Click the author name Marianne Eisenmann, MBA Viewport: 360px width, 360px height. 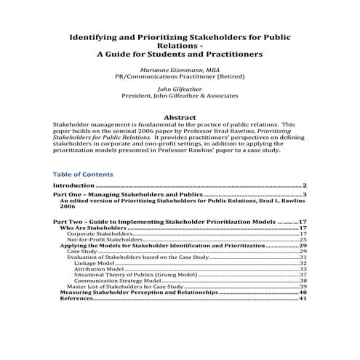click(179, 68)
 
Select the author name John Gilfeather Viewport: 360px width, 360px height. click(179, 87)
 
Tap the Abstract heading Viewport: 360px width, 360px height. click(180, 116)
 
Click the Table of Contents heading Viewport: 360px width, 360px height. click(83, 175)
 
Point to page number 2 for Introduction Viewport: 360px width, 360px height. click(304, 186)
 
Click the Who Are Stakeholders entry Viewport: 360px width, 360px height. click(92, 228)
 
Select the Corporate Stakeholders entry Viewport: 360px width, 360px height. click(100, 233)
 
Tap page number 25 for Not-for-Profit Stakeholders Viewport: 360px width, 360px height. click(303, 239)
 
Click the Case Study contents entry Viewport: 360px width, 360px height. click(82, 252)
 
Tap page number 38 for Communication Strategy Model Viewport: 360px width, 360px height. click(303, 281)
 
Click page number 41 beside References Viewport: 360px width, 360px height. click(303, 298)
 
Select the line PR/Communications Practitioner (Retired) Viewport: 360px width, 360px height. click(179, 75)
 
